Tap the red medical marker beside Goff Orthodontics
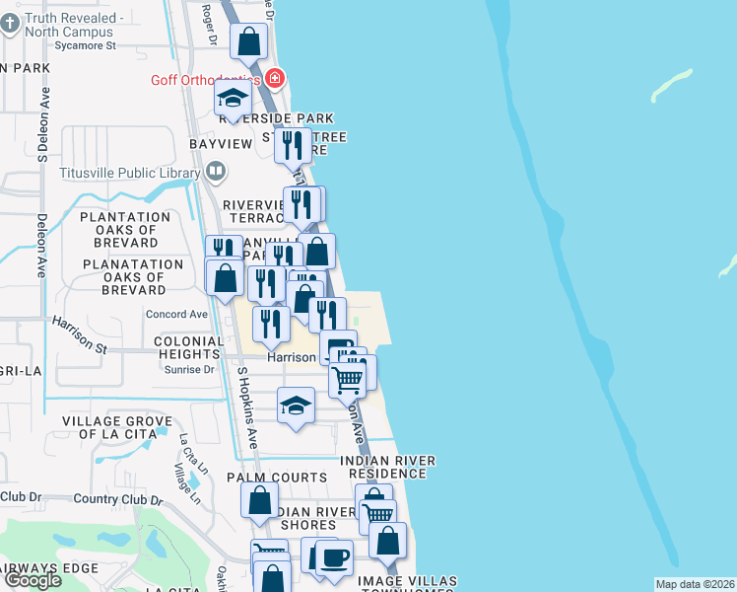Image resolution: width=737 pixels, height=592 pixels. pos(275,79)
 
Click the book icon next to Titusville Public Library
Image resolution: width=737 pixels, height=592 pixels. pos(215,173)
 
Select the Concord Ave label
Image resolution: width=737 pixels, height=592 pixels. pos(176,314)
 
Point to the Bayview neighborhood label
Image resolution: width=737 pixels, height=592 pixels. pos(221,144)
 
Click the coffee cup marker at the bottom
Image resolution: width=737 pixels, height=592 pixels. pos(334,557)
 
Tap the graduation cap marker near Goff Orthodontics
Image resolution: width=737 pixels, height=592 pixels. pos(234,98)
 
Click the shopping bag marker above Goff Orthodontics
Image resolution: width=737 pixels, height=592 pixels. pos(248,42)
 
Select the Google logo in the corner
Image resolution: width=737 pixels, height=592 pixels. pos(33,579)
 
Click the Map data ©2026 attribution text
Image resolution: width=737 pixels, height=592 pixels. pos(695,584)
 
